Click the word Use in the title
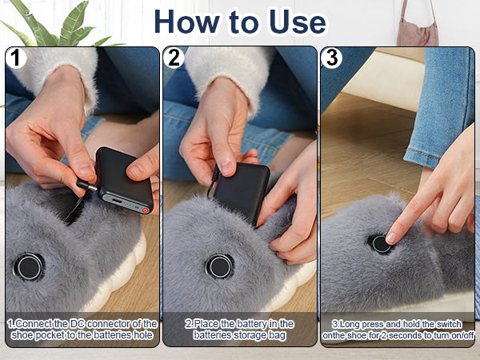(x=298, y=22)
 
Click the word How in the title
(x=187, y=22)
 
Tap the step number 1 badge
(x=15, y=58)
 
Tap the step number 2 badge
(x=174, y=58)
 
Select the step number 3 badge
(x=331, y=58)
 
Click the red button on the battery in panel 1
(x=146, y=210)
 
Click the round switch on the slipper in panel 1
(x=29, y=267)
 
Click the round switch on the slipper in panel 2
(x=220, y=266)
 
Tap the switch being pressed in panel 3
(x=381, y=244)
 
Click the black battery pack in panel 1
(x=125, y=180)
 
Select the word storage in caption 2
(x=248, y=335)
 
